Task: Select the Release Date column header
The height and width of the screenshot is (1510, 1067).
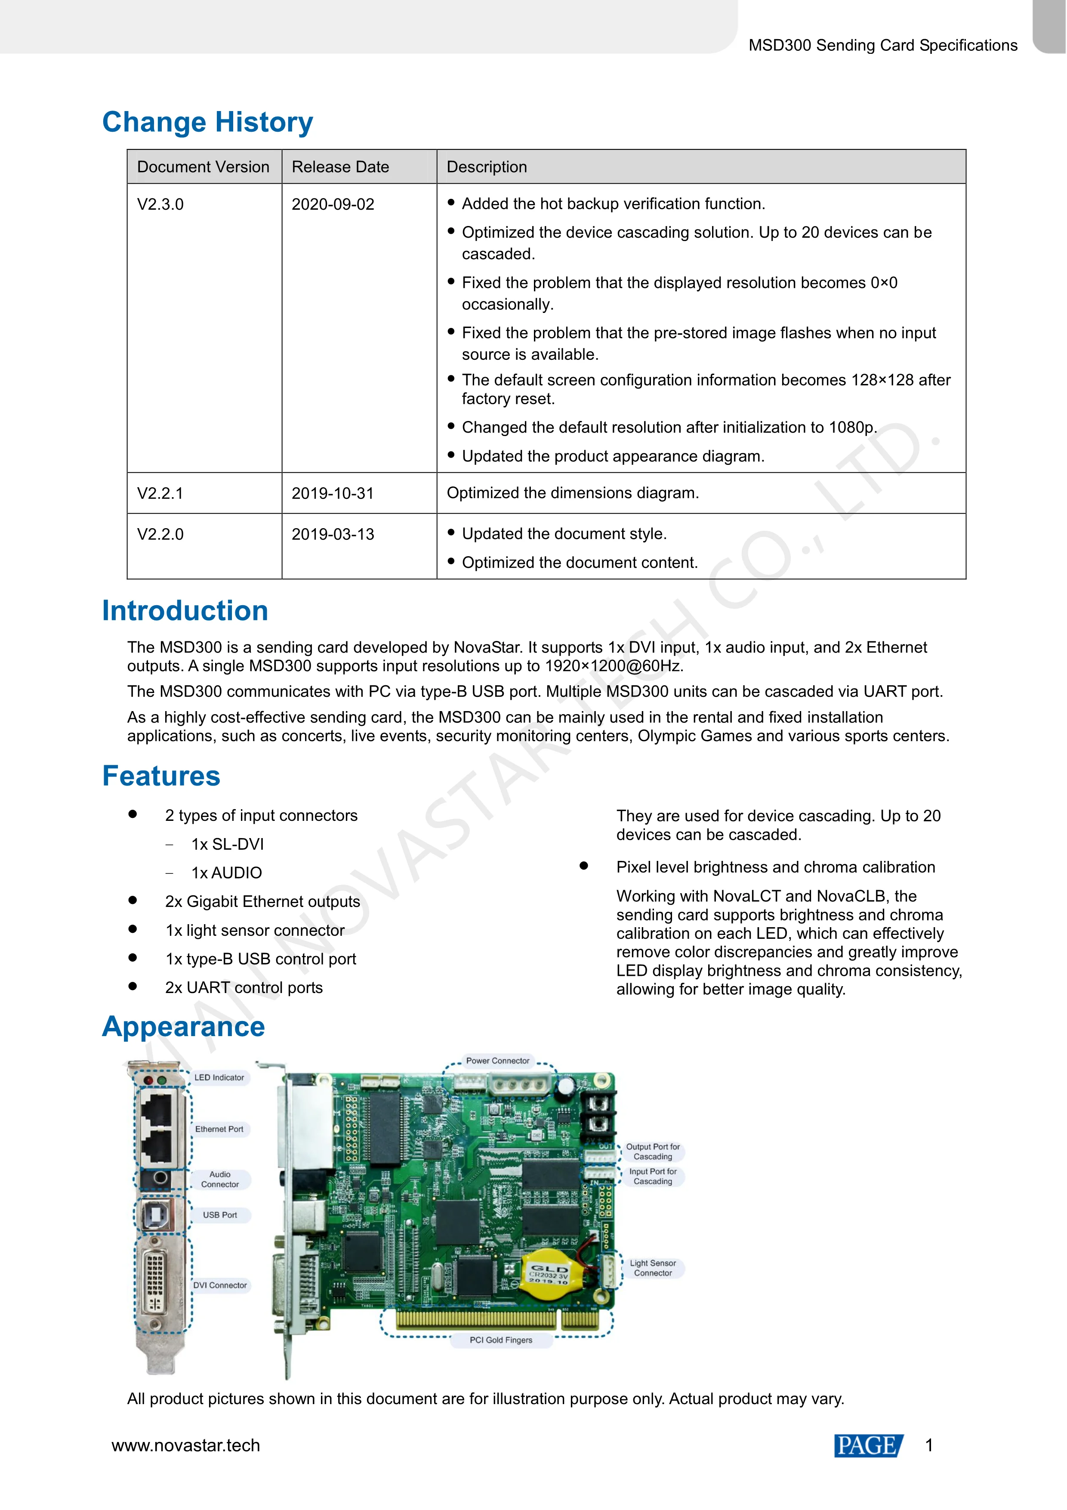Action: pos(340,167)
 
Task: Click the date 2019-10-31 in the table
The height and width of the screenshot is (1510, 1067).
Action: pos(333,493)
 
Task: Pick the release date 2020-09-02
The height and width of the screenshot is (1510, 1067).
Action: pos(333,204)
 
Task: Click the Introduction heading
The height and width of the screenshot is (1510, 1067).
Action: pos(185,611)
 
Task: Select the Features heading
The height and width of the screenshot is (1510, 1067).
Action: pos(161,776)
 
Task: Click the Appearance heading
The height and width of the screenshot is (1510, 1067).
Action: pos(183,1027)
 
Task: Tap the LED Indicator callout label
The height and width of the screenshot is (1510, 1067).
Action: pos(219,1077)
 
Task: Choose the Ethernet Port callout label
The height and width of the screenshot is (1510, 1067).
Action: pos(219,1129)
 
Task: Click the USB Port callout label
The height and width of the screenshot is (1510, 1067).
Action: pos(219,1215)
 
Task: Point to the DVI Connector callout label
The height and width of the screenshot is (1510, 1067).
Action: pos(219,1285)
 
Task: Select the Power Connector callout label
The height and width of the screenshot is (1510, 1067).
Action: pos(498,1061)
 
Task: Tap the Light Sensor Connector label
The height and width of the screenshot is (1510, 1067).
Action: pos(653,1268)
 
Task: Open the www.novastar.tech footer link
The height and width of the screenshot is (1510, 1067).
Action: pos(186,1445)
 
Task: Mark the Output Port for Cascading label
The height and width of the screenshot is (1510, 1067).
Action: pos(653,1151)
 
